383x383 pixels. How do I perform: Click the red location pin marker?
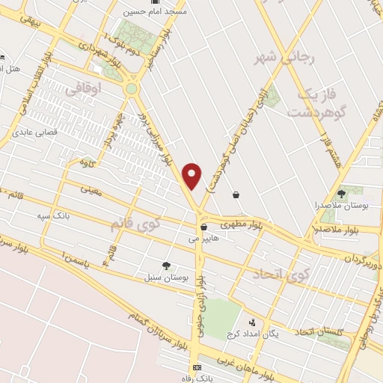(193, 175)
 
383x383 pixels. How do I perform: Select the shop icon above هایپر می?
(203, 227)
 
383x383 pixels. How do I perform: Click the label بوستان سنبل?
(165, 277)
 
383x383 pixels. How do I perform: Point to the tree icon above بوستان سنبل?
(166, 265)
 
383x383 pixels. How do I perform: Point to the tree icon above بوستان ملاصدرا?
(346, 191)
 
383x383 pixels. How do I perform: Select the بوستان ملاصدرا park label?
(340, 203)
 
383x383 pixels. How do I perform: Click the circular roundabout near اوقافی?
(132, 88)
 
